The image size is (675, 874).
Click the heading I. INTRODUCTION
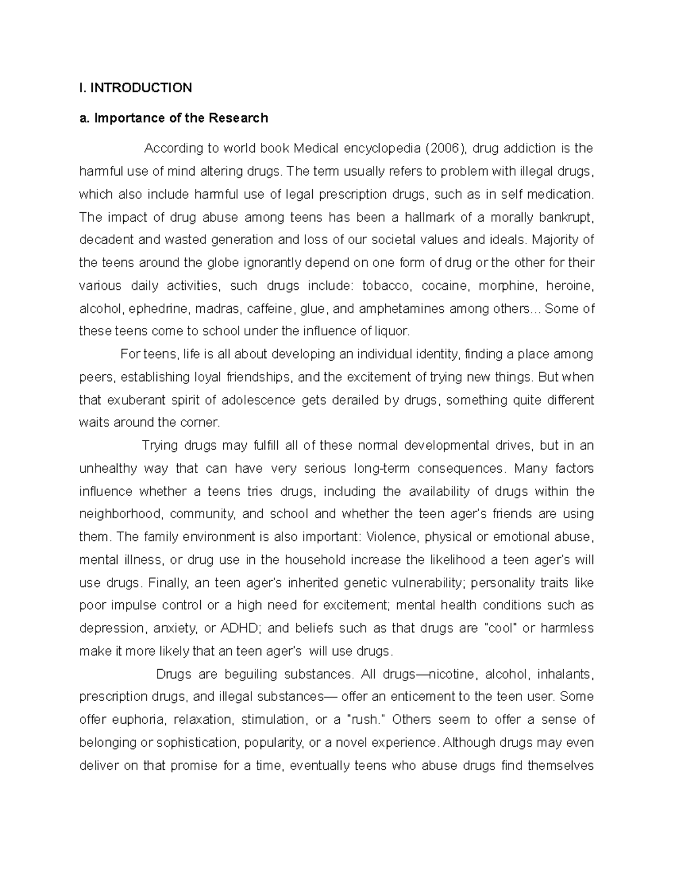tap(136, 87)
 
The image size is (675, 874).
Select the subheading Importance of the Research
tap(174, 118)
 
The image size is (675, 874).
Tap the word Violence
tap(391, 537)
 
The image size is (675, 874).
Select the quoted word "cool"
tap(500, 628)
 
